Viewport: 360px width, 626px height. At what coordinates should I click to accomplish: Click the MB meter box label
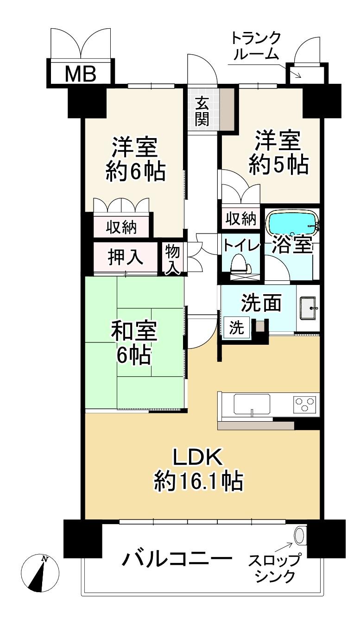coord(81,74)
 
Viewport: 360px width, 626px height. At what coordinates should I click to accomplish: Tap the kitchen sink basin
coord(252,404)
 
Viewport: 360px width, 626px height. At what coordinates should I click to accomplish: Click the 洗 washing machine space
coord(236,328)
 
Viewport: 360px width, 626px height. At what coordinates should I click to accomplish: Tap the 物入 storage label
coord(172,260)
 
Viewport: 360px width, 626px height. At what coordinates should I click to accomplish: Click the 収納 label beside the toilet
coord(241,219)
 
